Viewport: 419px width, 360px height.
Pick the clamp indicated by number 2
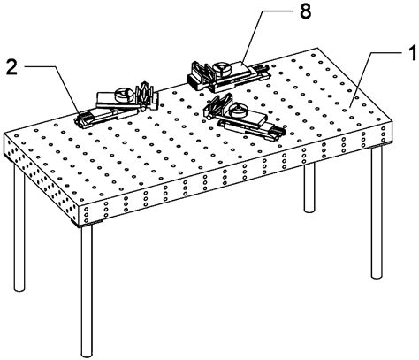pyautogui.click(x=115, y=102)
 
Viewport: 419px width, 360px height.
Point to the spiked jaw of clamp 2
pyautogui.click(x=146, y=91)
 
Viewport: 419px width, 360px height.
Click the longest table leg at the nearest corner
pyautogui.click(x=86, y=292)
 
